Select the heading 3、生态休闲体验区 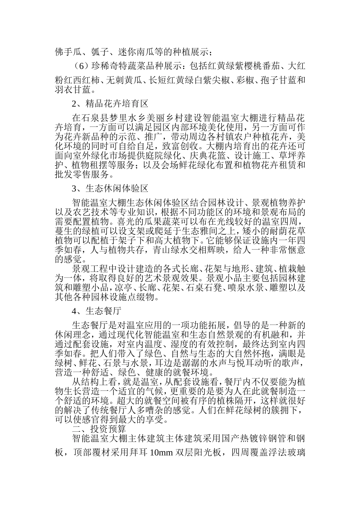[110, 188]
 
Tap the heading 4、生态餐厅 [96, 311]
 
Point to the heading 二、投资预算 [99, 429]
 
